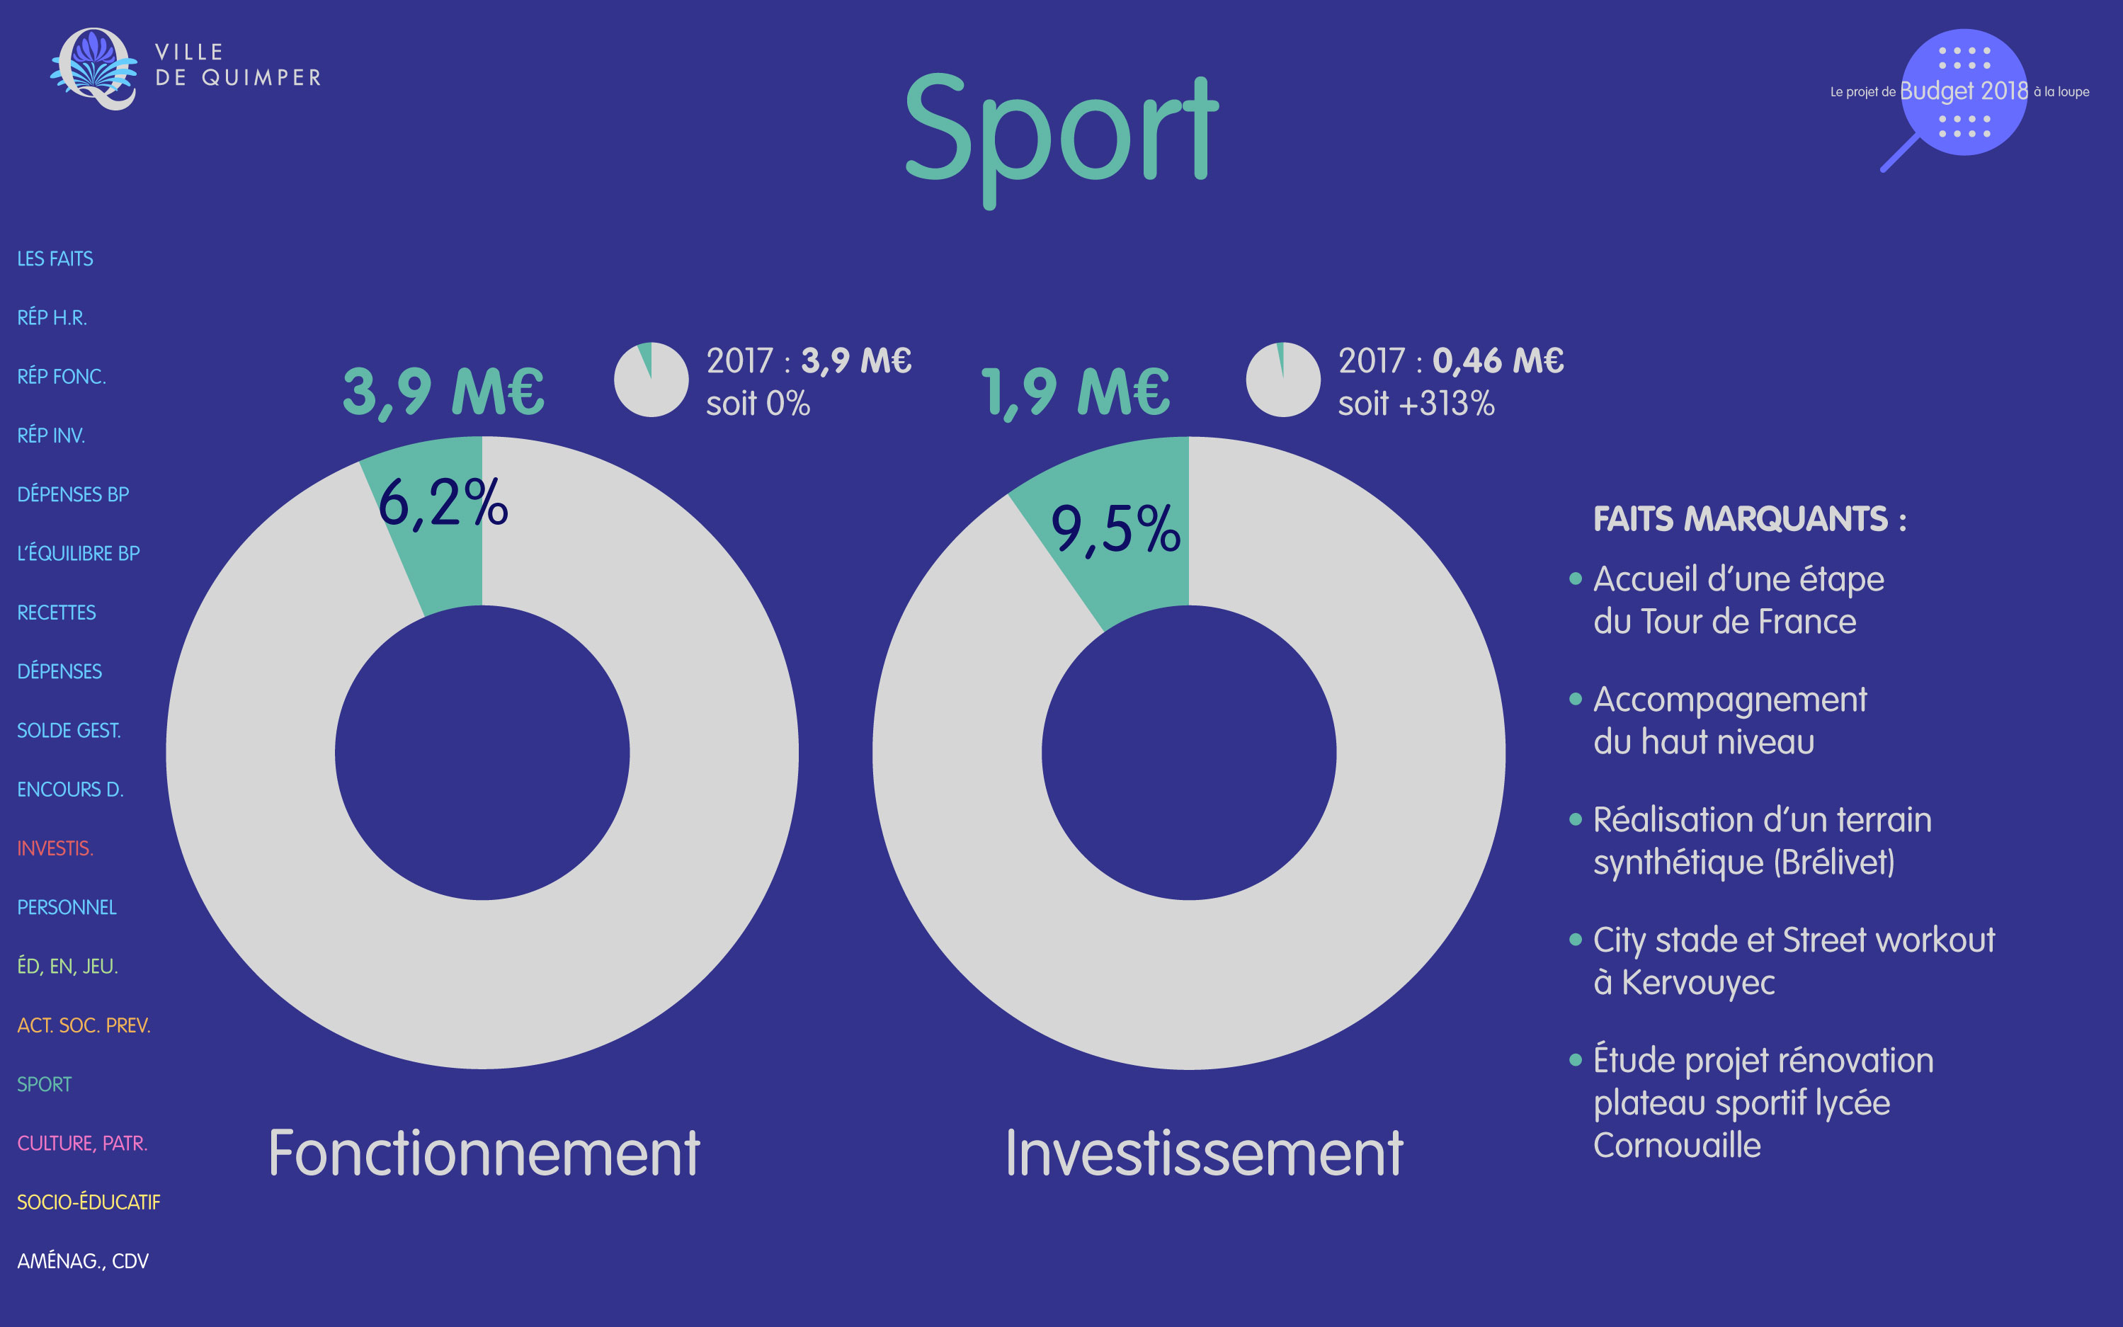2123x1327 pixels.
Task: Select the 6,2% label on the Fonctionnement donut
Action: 443,503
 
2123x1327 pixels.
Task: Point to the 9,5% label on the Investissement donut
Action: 1115,529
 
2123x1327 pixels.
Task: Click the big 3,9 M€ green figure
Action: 443,392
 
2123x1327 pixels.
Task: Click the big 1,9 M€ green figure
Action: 1075,392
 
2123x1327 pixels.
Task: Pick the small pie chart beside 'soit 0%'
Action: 651,379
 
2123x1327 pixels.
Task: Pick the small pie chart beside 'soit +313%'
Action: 1283,379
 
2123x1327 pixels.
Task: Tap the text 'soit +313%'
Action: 1416,404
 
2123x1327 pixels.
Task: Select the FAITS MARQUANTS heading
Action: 1749,518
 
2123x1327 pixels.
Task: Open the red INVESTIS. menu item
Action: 55,849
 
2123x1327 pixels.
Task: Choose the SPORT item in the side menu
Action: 44,1084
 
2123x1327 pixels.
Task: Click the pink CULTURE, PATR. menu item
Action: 82,1144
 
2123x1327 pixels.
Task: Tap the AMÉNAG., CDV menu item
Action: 84,1261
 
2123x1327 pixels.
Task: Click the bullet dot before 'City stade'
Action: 1576,940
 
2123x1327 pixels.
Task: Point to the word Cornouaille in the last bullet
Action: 1677,1145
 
